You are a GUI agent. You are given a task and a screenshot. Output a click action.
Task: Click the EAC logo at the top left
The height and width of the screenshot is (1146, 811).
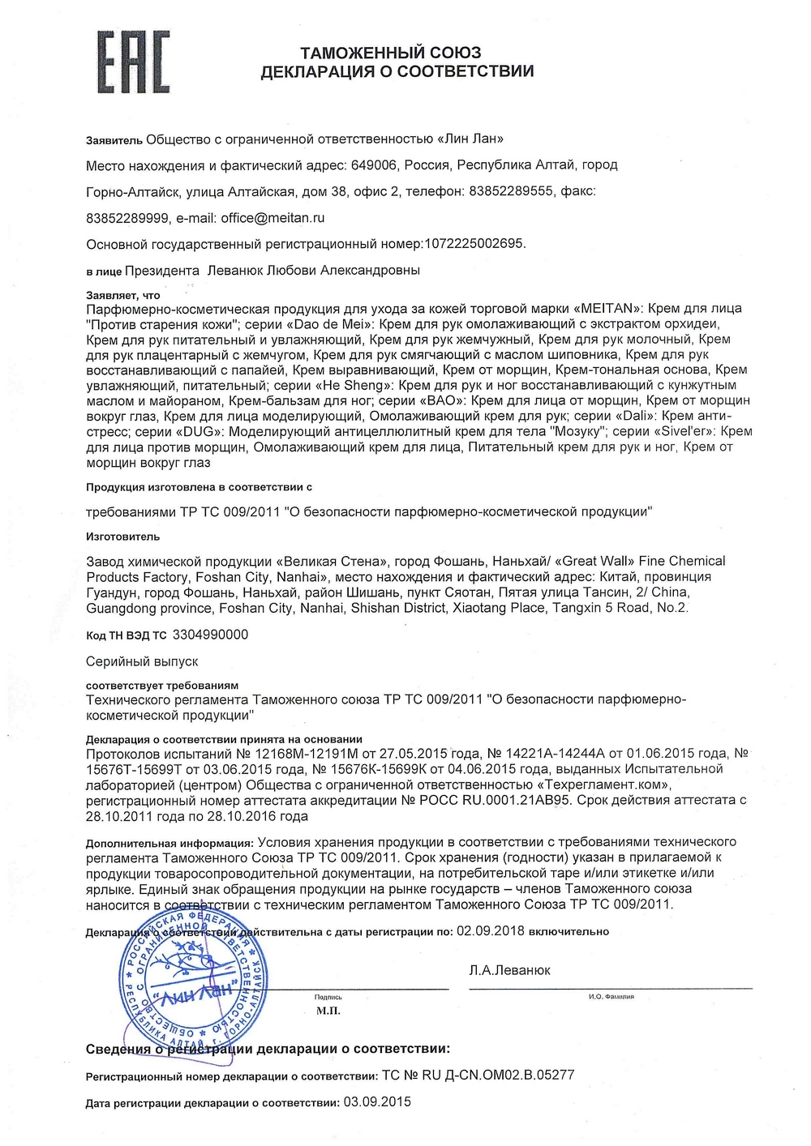(x=134, y=62)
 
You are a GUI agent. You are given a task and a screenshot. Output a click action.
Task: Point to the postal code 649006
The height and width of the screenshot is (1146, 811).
(x=374, y=165)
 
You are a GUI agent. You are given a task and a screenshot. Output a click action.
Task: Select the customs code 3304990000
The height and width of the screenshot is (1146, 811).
(x=211, y=635)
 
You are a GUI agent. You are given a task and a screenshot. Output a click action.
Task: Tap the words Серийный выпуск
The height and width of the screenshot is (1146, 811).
(x=142, y=661)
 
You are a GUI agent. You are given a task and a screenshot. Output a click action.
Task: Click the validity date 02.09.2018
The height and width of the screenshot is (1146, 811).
(x=490, y=931)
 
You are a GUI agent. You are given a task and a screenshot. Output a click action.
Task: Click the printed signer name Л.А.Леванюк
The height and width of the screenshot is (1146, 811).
(x=509, y=970)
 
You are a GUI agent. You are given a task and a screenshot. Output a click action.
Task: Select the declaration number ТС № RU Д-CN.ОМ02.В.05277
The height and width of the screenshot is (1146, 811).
(x=478, y=1075)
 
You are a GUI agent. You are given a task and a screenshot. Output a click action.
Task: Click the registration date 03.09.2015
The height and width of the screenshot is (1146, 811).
(x=377, y=1102)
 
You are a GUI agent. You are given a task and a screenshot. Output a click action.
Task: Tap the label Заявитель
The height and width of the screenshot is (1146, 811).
(x=114, y=140)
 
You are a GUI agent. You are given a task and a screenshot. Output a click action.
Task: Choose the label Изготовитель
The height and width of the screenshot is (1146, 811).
(x=122, y=537)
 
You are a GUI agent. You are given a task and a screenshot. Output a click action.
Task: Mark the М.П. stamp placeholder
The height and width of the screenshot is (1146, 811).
(x=328, y=1011)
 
